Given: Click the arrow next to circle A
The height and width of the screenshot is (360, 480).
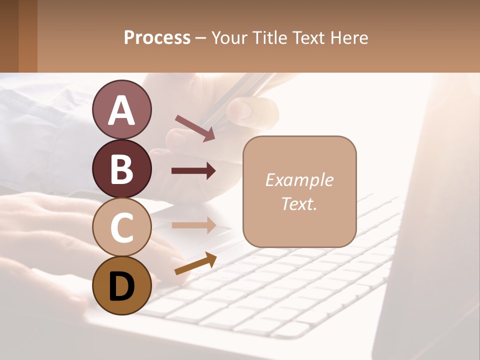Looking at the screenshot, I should (x=195, y=127).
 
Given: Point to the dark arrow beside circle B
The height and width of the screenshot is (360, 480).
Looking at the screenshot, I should (x=193, y=171).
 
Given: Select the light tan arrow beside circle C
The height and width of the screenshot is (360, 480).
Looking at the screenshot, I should (x=193, y=225).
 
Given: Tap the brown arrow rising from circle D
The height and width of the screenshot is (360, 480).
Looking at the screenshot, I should (x=195, y=263).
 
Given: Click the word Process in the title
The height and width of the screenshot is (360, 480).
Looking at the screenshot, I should (x=157, y=37).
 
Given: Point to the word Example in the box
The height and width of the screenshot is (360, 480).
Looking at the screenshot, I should (x=299, y=180).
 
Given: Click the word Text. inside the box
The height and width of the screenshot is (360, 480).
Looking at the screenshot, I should (x=299, y=204).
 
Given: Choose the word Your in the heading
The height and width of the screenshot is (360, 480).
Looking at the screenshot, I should (x=230, y=37).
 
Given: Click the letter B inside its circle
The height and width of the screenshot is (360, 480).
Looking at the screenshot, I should (x=121, y=168).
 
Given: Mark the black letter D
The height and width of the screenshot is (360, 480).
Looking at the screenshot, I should (x=121, y=286).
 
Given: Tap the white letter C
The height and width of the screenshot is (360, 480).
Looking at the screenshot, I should (x=121, y=227).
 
